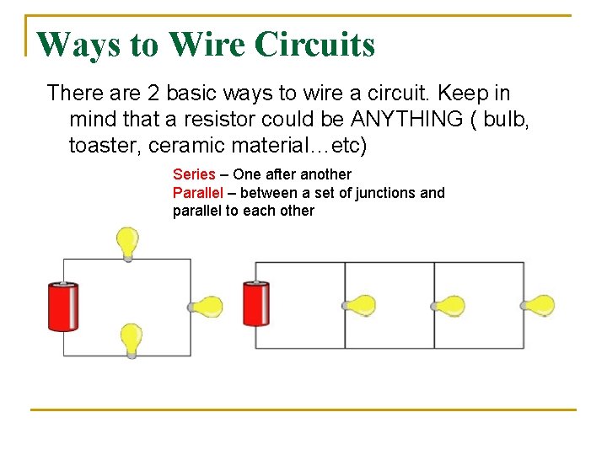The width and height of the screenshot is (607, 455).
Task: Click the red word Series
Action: pyautogui.click(x=194, y=174)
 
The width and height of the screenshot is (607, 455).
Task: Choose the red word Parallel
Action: pyautogui.click(x=197, y=193)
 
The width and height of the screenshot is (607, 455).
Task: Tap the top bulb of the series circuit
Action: pyautogui.click(x=127, y=242)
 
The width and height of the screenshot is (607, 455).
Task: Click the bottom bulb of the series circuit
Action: pyautogui.click(x=131, y=340)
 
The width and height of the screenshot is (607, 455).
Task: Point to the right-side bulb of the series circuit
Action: pyautogui.click(x=207, y=307)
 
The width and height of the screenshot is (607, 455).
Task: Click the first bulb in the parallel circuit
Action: pyautogui.click(x=361, y=305)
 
